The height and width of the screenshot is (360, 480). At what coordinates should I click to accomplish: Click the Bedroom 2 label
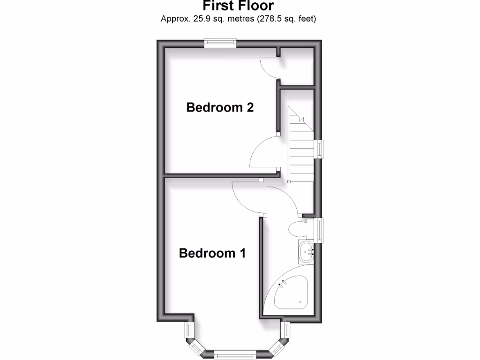point(220,107)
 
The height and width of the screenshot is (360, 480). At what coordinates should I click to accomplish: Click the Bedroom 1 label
point(212,253)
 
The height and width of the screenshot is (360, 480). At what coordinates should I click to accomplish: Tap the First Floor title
point(238,6)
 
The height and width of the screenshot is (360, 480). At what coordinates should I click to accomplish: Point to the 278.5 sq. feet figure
point(287,19)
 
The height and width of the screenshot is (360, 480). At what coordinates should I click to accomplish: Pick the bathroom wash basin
point(306,252)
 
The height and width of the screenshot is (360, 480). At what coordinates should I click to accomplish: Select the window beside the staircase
point(320,149)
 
